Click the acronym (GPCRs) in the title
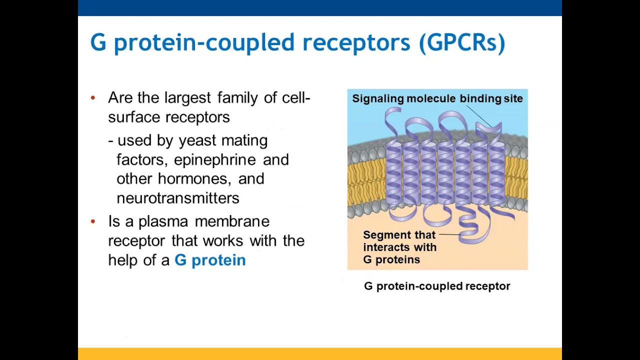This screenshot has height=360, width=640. click(462, 43)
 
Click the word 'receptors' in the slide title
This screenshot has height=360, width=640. click(356, 43)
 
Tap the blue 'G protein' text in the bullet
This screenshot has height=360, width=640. click(210, 260)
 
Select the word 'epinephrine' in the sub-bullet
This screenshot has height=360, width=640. click(214, 160)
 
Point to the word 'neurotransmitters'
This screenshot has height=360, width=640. click(178, 198)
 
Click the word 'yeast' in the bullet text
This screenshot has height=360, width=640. click(198, 140)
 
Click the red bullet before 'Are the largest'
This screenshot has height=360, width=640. click(93, 98)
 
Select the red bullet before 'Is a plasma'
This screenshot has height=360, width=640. click(93, 221)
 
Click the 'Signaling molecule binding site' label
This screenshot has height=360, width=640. click(437, 98)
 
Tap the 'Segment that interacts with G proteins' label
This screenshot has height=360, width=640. click(399, 247)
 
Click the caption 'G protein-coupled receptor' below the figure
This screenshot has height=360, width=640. click(437, 286)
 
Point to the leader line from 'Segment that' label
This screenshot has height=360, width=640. click(450, 234)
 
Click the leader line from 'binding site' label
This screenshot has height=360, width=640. click(479, 117)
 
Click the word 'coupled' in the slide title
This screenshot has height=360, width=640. click(250, 43)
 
